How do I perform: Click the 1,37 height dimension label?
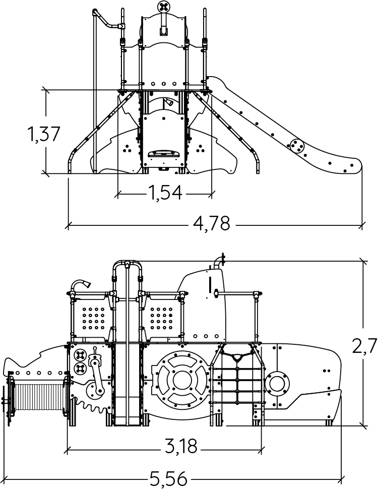click(x=44, y=134)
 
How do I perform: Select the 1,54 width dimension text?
click(x=164, y=193)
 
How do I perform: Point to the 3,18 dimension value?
click(x=181, y=446)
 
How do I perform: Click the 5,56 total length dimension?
click(x=168, y=477)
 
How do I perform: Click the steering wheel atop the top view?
click(x=164, y=7)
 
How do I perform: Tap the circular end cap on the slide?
click(x=295, y=146)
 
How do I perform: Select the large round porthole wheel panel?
click(x=180, y=379)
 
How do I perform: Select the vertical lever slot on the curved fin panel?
click(x=210, y=283)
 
